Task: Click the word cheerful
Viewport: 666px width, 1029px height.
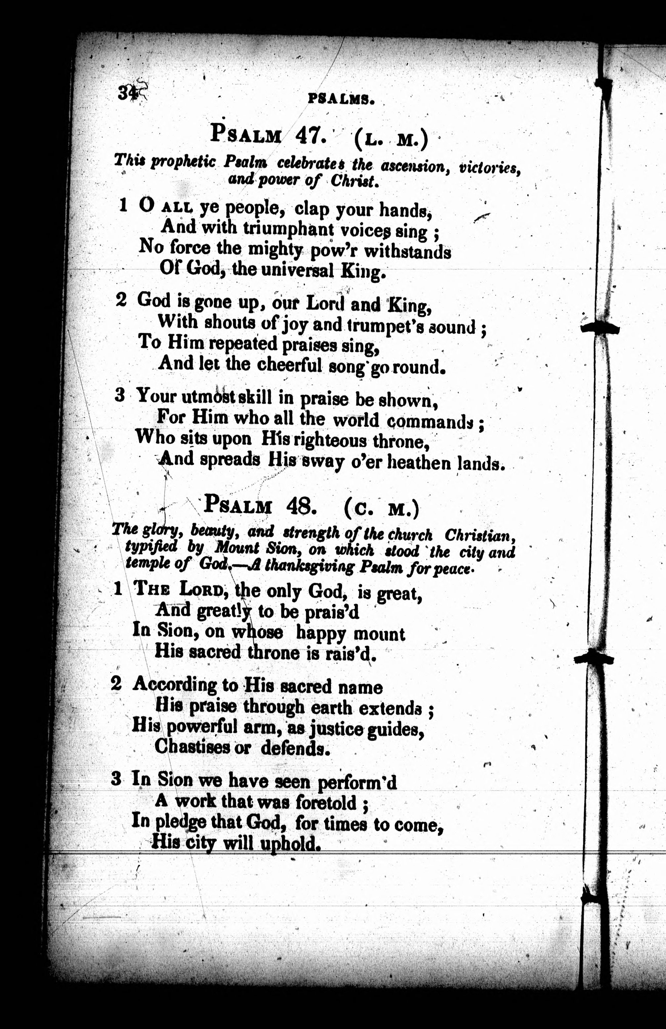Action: [x=289, y=365]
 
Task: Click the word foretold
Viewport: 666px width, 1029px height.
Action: [x=326, y=803]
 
